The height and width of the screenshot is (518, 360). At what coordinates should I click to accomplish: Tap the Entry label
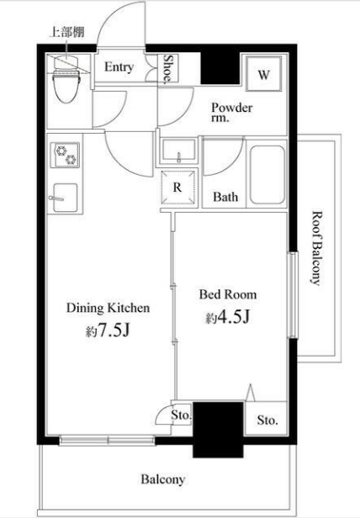tap(119, 66)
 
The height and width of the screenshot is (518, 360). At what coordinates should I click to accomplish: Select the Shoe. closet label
tap(168, 68)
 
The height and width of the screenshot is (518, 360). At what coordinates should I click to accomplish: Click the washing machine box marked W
tap(264, 74)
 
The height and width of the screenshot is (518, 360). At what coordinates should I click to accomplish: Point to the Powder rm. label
tap(232, 113)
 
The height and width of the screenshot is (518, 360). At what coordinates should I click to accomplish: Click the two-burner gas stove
tap(65, 155)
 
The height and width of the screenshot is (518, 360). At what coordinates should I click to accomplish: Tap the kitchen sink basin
tap(65, 198)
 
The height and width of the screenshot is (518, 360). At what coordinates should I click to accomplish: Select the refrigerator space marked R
tap(177, 188)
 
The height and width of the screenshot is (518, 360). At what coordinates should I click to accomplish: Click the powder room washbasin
tap(178, 151)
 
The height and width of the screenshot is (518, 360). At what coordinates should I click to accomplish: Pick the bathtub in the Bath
tap(267, 174)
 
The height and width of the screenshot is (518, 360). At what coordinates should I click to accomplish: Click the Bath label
tap(225, 197)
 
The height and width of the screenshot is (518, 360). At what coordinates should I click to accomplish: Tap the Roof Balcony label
tap(317, 248)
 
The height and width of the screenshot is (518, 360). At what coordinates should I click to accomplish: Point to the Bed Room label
tap(228, 294)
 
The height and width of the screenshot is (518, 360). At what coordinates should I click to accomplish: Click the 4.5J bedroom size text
tap(227, 318)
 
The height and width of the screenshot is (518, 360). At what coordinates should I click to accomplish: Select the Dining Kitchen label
tap(109, 308)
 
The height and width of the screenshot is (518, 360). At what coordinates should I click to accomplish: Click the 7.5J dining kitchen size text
tap(108, 331)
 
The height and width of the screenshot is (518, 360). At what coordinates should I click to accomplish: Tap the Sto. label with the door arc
tap(181, 415)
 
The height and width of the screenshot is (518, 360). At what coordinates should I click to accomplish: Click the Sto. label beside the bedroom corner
tap(267, 420)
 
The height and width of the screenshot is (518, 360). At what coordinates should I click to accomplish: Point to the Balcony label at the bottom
tap(163, 479)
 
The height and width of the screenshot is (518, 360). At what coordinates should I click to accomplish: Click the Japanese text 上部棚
tap(66, 32)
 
